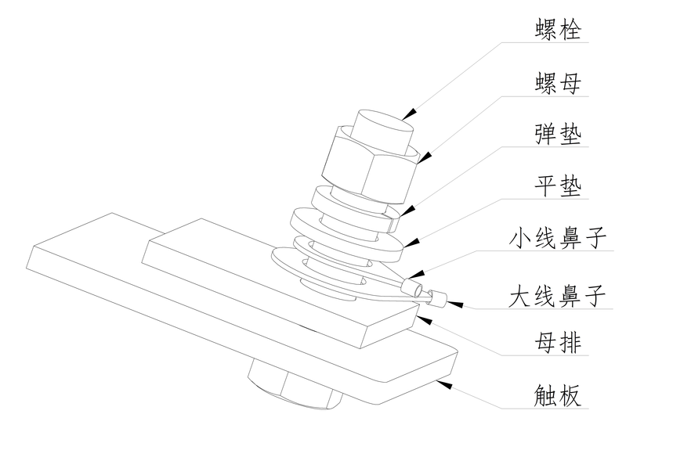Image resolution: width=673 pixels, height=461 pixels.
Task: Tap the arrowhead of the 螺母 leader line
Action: [424, 158]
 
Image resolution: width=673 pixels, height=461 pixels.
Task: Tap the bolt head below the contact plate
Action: [294, 391]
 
